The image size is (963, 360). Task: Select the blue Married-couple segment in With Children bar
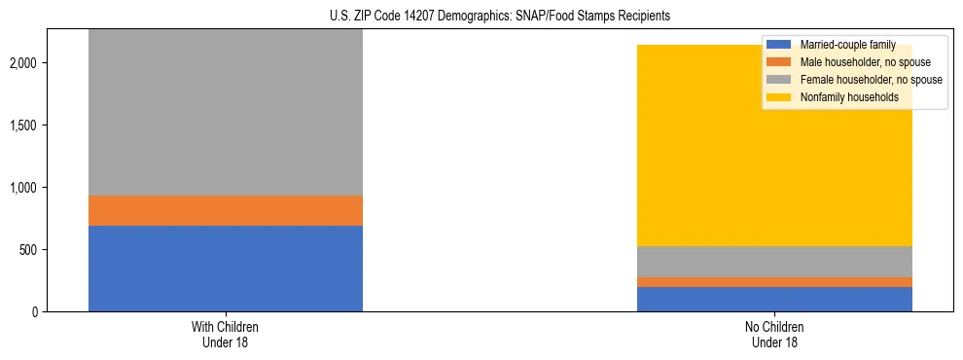pyautogui.click(x=226, y=269)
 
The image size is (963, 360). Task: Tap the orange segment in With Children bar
pyautogui.click(x=226, y=211)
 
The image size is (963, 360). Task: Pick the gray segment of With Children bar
pyautogui.click(x=226, y=112)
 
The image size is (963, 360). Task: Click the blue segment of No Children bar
pyautogui.click(x=774, y=300)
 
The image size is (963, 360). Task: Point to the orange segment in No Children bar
pyautogui.click(x=774, y=282)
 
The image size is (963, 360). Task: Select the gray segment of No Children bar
pyautogui.click(x=774, y=262)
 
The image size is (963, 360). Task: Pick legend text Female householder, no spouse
pyautogui.click(x=871, y=80)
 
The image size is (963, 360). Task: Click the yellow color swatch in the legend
pyautogui.click(x=779, y=97)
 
